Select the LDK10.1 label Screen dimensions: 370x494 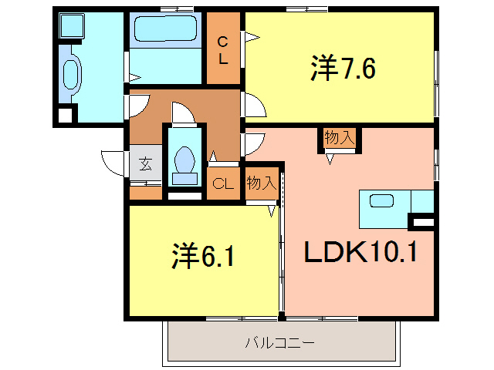coord(360,251)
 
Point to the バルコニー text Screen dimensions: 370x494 coord(280,341)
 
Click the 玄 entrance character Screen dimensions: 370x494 coord(145,163)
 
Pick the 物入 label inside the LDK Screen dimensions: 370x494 coord(340,138)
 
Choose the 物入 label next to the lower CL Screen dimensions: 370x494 coord(262,183)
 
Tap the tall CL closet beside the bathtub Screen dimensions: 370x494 coord(223,49)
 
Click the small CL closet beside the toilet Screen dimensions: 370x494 coord(223,183)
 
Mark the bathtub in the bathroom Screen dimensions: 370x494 coord(165,31)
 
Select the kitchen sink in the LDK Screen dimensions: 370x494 coord(382,201)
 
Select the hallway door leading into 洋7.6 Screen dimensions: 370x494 coord(254,103)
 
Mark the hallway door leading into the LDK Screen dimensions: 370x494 coord(253,144)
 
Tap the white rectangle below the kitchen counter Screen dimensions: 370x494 coord(422,223)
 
